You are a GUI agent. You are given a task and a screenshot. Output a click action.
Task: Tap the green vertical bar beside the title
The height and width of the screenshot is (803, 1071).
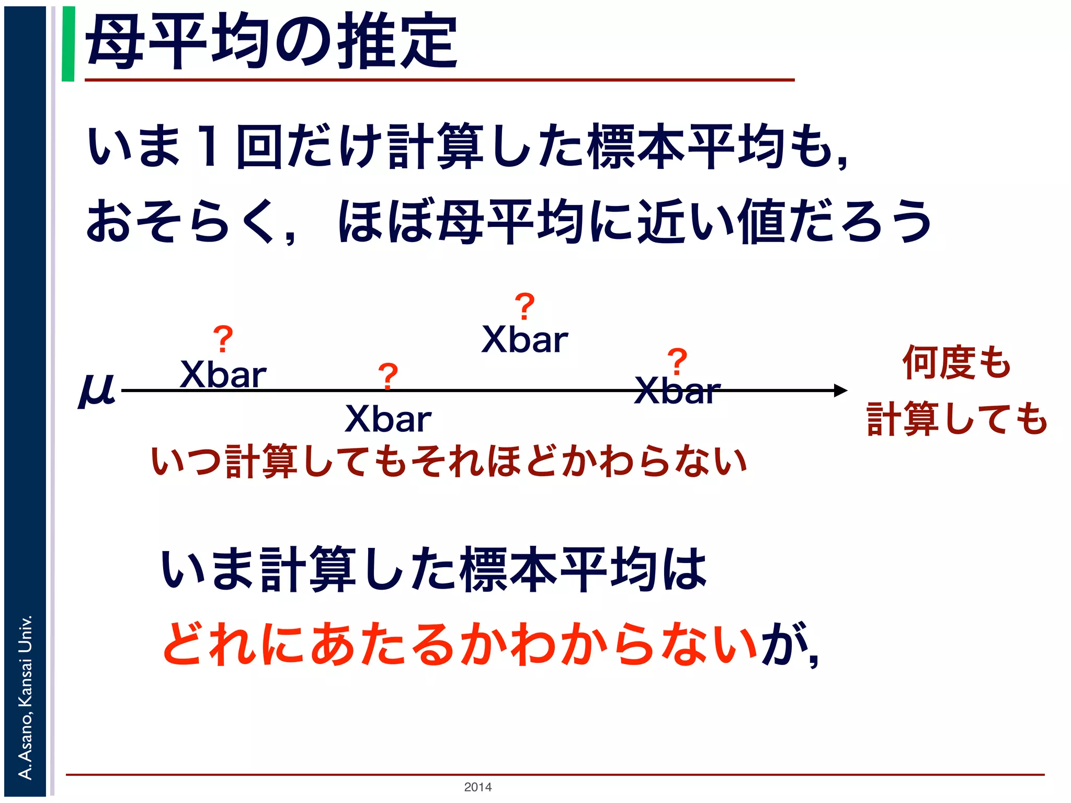pos(68,44)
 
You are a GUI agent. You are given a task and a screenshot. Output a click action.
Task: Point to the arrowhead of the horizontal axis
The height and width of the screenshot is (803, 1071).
pos(840,391)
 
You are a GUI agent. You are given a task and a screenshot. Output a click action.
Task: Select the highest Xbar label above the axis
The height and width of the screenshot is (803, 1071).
pos(525,340)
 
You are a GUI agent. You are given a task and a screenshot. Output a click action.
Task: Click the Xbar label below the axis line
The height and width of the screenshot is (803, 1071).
pos(388,419)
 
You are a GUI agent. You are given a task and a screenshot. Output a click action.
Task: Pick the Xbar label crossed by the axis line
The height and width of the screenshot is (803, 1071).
pos(677,391)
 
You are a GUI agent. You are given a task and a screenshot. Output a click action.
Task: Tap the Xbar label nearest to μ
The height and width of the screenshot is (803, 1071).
pos(223,375)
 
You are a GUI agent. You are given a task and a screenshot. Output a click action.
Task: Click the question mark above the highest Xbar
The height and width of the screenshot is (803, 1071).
pos(525,306)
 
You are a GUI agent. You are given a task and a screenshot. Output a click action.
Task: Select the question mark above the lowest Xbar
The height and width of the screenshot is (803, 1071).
pos(388,376)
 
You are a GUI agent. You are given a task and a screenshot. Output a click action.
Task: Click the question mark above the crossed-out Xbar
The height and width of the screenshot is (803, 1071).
pos(677,361)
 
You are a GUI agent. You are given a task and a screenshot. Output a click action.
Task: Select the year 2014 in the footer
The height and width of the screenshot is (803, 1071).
pos(477,787)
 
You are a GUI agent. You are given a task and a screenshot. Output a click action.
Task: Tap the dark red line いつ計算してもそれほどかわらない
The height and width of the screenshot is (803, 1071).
pos(449,462)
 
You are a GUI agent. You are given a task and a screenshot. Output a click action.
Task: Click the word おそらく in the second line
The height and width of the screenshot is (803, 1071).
pos(180,222)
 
